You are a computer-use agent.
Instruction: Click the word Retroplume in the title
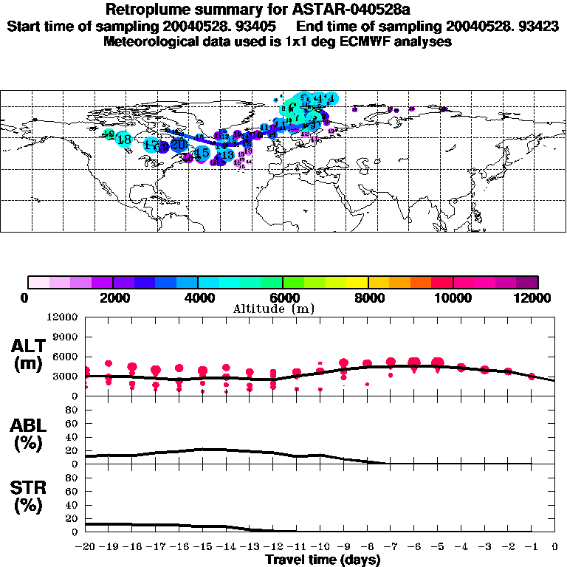(147, 10)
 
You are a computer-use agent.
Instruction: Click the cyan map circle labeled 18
(124, 139)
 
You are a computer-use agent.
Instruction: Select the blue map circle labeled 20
(177, 144)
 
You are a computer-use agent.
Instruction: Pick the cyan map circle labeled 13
(227, 155)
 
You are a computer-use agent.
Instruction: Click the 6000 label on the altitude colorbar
(283, 298)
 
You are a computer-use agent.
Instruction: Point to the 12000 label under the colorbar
(537, 298)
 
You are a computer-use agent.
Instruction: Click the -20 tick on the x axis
(86, 546)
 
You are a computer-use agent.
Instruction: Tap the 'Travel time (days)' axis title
(323, 560)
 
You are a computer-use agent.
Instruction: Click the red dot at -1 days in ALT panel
(532, 377)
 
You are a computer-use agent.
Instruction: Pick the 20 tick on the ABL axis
(73, 450)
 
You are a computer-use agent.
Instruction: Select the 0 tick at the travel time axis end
(554, 546)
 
